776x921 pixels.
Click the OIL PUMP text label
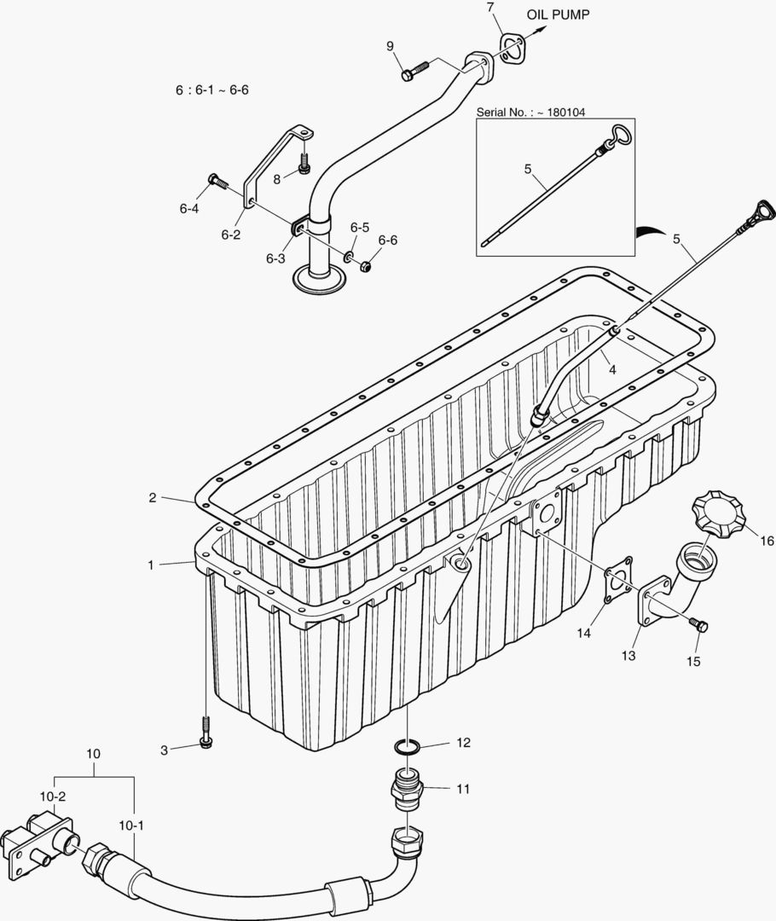[557, 14]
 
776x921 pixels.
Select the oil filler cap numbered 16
[718, 514]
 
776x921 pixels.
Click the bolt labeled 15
[701, 627]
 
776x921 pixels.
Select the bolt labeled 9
[414, 71]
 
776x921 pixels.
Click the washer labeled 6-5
[350, 256]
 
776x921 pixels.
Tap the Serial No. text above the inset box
[530, 112]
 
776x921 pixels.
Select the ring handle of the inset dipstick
[620, 134]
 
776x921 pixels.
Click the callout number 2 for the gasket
[153, 497]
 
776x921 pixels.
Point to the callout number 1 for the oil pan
[151, 565]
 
